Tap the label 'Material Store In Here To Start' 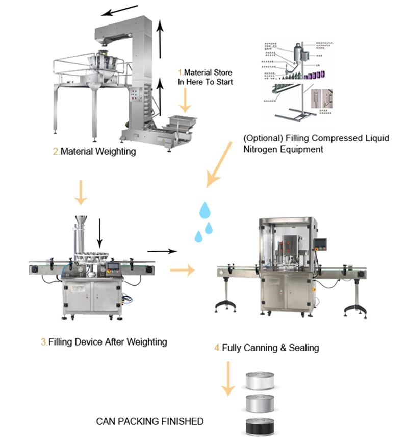coord(205,77)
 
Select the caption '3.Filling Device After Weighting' coord(104,341)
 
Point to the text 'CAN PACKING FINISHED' coord(150,421)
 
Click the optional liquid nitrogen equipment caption coord(316,143)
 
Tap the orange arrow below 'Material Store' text coord(185,101)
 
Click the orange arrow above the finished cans coord(228,380)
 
